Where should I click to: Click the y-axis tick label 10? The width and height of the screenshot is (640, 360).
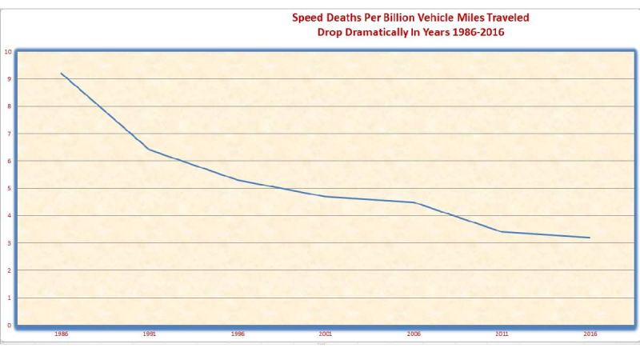pyautogui.click(x=8, y=51)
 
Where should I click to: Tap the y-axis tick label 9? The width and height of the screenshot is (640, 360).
pyautogui.click(x=9, y=78)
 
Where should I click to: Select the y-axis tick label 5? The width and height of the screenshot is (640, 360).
pyautogui.click(x=9, y=188)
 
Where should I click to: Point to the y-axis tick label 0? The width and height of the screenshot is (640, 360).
pyautogui.click(x=9, y=325)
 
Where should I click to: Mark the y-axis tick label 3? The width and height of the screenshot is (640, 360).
pyautogui.click(x=9, y=242)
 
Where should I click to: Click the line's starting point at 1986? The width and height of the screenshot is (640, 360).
pyautogui.click(x=62, y=74)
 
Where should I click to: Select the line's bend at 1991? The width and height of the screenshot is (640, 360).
pyautogui.click(x=150, y=150)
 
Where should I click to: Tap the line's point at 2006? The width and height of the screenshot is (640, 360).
pyautogui.click(x=414, y=202)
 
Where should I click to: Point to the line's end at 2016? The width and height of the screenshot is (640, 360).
pyautogui.click(x=590, y=238)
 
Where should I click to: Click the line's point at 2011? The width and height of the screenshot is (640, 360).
pyautogui.click(x=502, y=232)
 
